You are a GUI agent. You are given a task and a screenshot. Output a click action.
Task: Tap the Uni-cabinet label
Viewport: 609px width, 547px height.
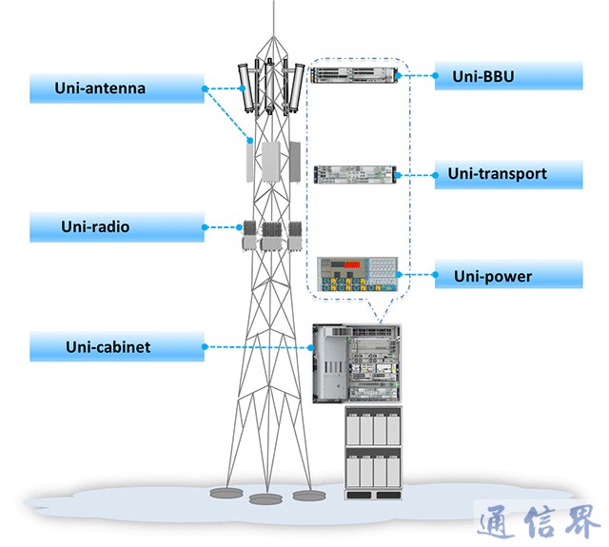(108, 347)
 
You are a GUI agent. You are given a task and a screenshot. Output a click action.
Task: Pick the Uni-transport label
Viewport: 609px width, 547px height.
(498, 174)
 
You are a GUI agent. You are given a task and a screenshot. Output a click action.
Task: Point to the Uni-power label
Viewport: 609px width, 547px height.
(493, 277)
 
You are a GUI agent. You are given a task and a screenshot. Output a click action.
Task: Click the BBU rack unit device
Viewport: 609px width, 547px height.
(353, 76)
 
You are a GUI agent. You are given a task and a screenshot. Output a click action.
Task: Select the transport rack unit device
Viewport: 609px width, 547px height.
(354, 174)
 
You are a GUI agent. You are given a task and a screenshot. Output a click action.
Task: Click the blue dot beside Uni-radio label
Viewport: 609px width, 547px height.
(205, 227)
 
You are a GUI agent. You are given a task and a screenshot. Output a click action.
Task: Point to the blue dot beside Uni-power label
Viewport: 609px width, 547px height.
(435, 276)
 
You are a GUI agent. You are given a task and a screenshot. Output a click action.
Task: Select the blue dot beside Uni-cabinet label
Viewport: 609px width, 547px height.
(205, 347)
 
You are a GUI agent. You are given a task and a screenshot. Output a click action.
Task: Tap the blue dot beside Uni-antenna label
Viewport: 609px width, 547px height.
(205, 88)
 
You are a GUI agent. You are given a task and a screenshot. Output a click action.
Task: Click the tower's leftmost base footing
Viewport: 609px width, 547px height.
(225, 493)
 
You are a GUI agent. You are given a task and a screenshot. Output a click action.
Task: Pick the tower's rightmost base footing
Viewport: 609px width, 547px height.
(305, 495)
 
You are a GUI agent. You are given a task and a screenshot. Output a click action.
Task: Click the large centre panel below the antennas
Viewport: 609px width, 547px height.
(273, 162)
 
